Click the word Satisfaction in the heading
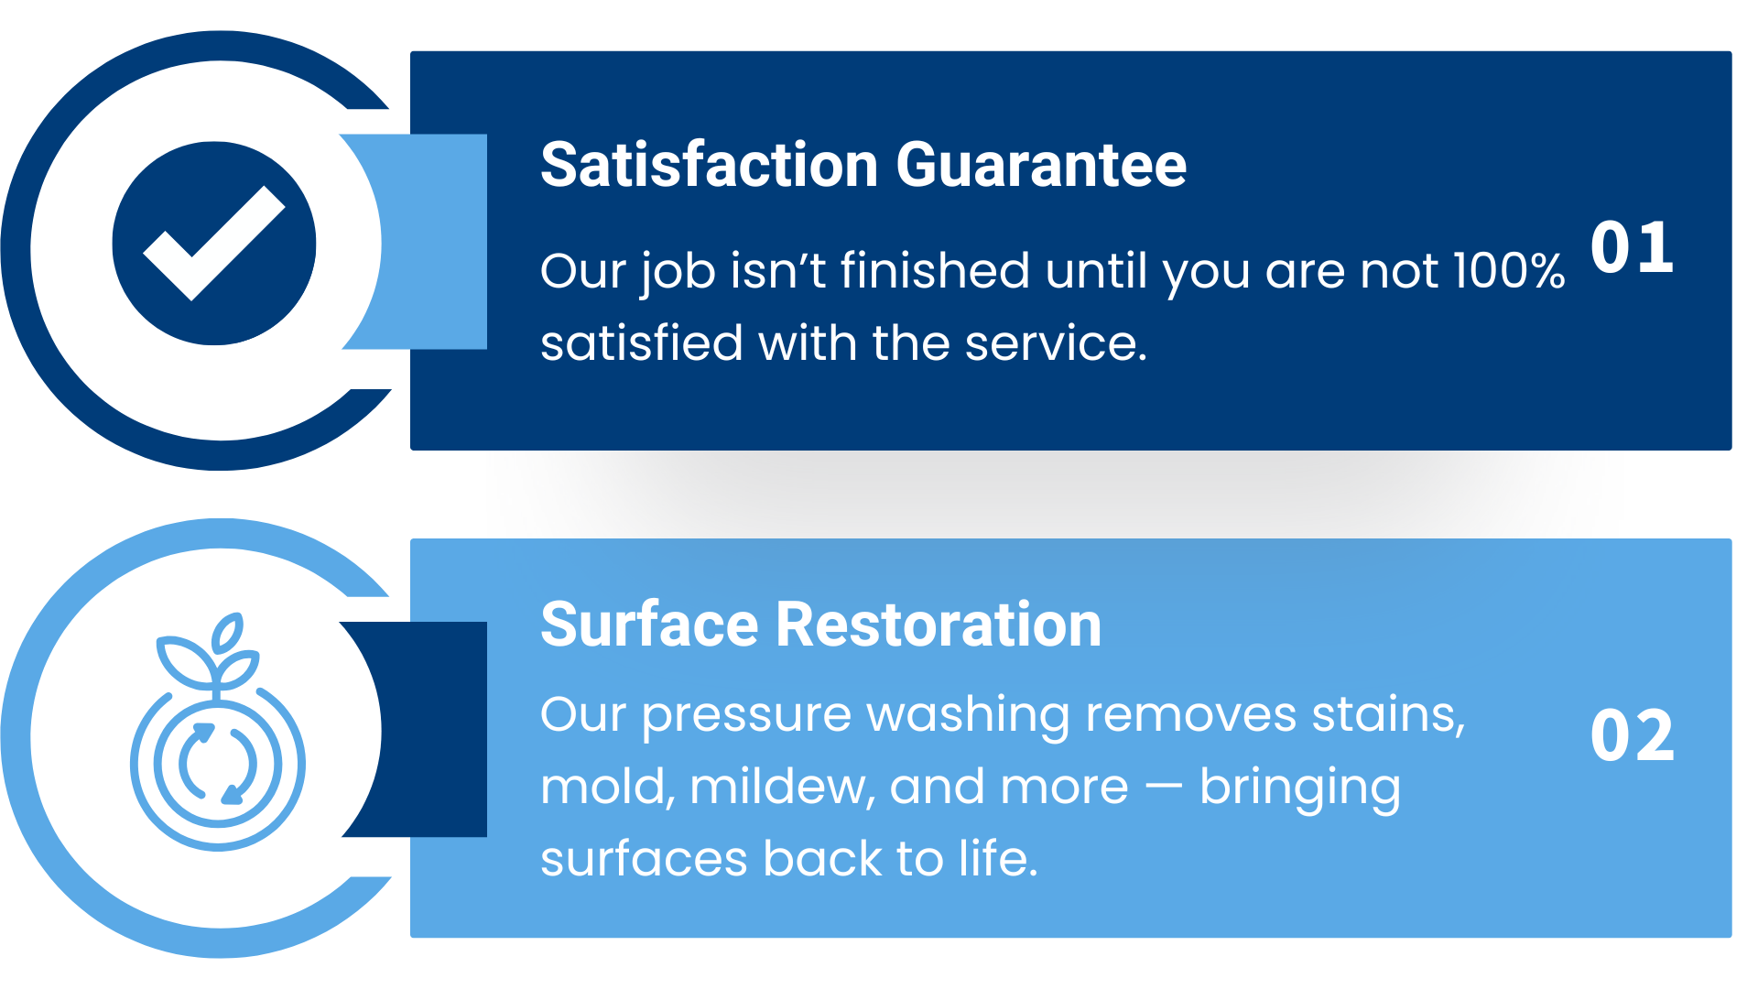pos(710,165)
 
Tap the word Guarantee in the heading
pos(1041,165)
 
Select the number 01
pos(1633,247)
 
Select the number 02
pos(1633,735)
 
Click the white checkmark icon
pos(214,243)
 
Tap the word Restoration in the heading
pos(939,625)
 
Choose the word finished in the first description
pos(935,271)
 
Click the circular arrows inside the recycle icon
pos(218,764)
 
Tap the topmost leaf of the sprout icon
pos(227,633)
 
